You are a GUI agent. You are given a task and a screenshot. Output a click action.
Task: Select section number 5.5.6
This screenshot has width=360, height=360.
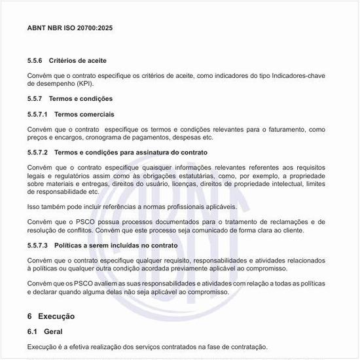(35, 60)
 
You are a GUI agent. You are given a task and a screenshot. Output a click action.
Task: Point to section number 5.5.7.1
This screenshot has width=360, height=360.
(38, 114)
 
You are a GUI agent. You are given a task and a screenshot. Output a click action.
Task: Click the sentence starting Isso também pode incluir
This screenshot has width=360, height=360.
(132, 206)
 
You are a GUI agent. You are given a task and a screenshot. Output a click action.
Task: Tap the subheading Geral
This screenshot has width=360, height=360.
(54, 332)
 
